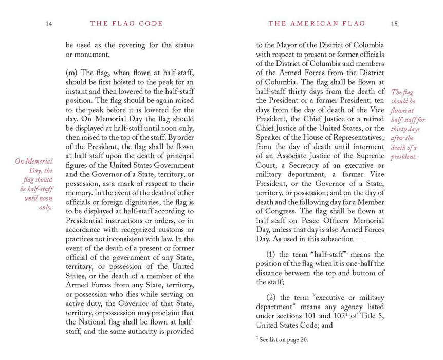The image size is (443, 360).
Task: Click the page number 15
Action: (x=394, y=24)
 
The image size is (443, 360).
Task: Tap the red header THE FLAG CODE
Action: (x=126, y=24)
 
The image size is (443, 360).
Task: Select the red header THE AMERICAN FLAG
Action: (x=317, y=24)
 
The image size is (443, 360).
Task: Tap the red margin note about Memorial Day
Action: (x=35, y=184)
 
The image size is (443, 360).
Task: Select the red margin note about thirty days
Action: (x=408, y=124)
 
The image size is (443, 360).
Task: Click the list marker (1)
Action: (x=272, y=255)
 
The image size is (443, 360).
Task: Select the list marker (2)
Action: (x=272, y=298)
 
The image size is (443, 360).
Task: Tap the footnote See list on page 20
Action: (x=284, y=339)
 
